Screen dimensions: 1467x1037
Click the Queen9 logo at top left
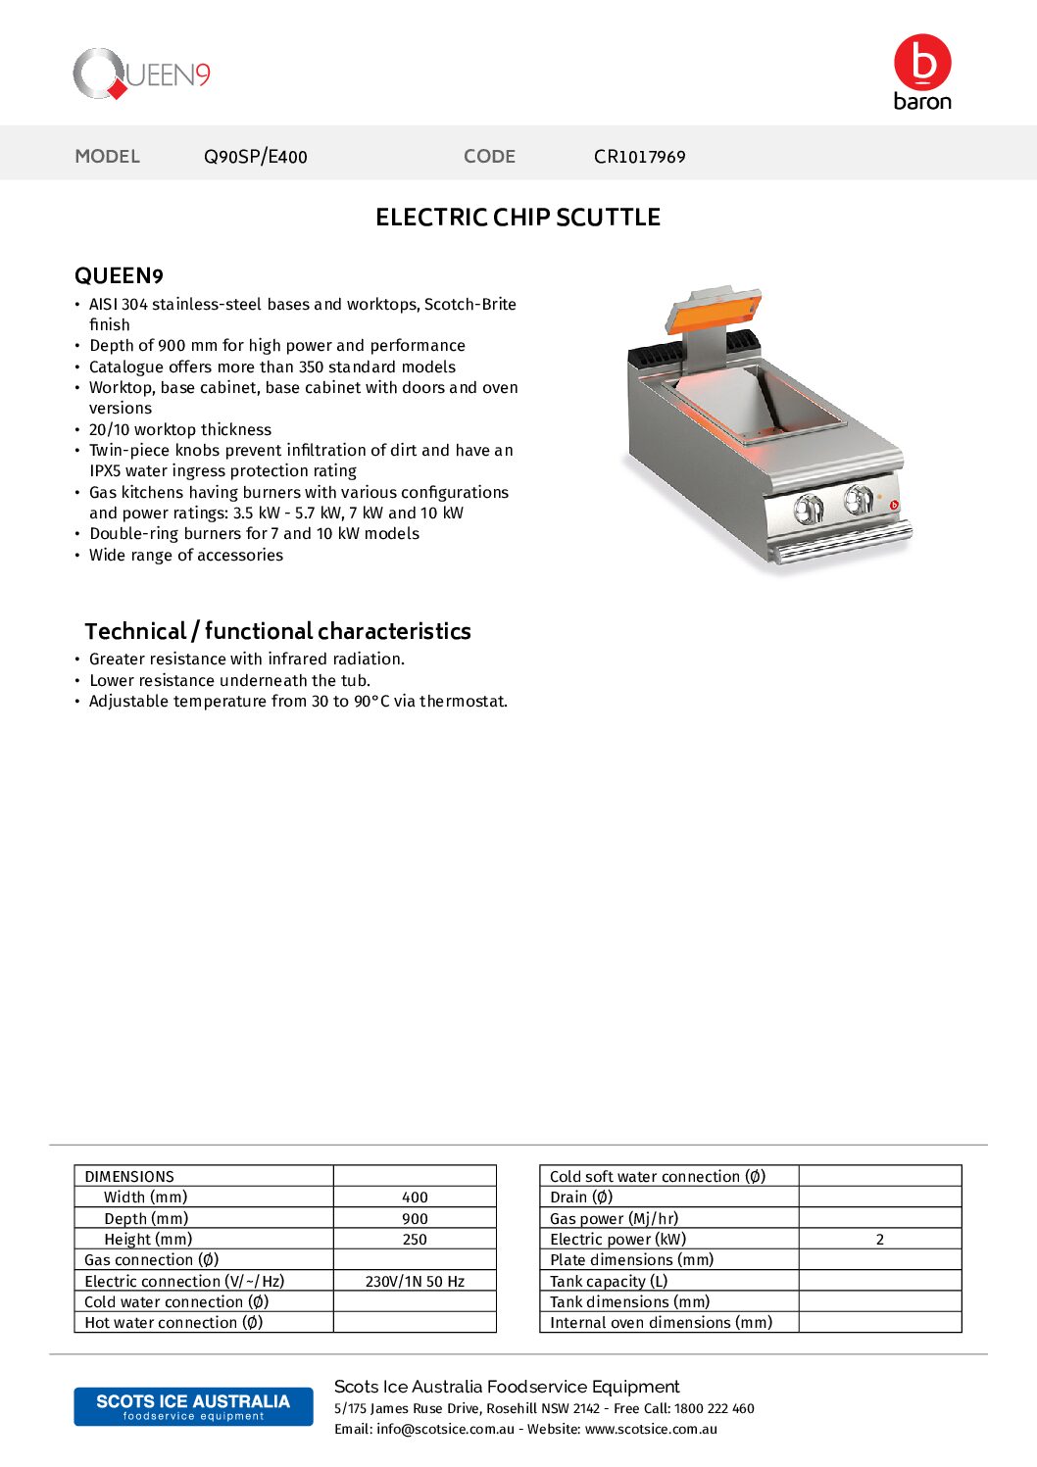coord(142,74)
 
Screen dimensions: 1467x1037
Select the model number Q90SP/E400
coord(255,157)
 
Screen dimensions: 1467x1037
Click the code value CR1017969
coord(639,157)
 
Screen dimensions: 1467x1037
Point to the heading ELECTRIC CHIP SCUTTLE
coord(518,218)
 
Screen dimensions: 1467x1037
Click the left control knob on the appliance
coord(809,509)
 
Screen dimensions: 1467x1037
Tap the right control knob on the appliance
coord(859,500)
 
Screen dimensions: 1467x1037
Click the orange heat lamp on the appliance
coord(714,310)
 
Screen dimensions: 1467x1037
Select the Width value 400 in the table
coord(415,1198)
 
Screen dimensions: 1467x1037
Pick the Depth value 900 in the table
coord(415,1219)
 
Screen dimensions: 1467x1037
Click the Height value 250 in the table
coord(415,1240)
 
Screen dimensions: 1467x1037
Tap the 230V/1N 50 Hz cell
coord(415,1282)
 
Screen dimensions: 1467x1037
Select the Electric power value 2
coord(879,1240)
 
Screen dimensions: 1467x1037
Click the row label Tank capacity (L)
coord(609,1282)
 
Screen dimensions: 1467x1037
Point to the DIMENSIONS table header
coord(129,1177)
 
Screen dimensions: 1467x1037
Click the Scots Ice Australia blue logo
coord(193,1406)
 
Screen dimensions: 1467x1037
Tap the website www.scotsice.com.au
coord(651,1429)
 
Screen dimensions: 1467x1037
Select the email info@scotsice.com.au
coord(445,1429)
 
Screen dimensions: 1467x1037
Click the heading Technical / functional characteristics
coord(277,631)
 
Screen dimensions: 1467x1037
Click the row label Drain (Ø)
coord(581,1198)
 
